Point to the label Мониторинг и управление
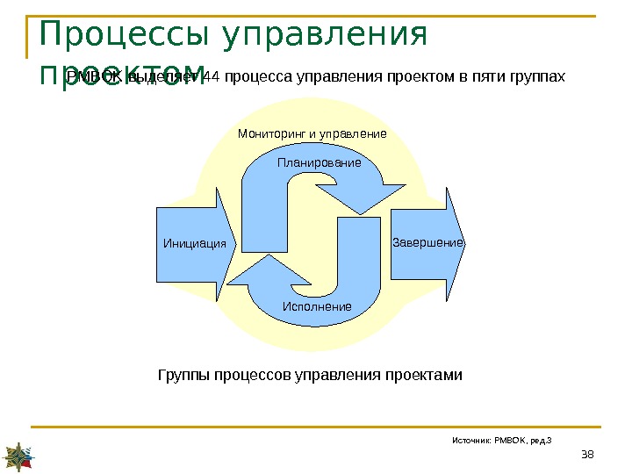click(x=312, y=134)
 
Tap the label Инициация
click(x=194, y=243)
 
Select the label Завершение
click(x=427, y=241)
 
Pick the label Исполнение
click(x=316, y=306)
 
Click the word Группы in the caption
click(x=180, y=375)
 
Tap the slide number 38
click(x=587, y=453)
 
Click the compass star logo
click(x=19, y=455)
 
